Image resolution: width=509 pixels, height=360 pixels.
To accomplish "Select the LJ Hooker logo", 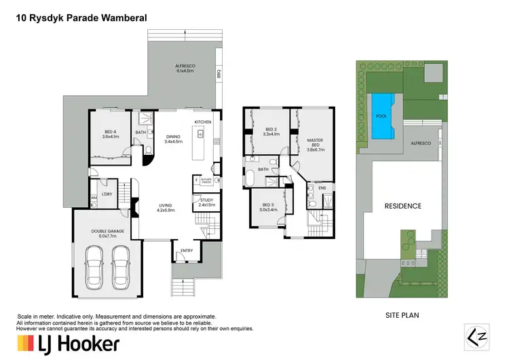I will pyautogui.click(x=68, y=343).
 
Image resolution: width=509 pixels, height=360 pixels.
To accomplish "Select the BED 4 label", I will pyautogui.click(x=110, y=134).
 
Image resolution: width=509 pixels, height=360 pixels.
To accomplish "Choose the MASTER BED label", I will pyautogui.click(x=314, y=144).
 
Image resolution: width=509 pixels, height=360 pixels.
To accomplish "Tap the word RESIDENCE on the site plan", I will pyautogui.click(x=403, y=206).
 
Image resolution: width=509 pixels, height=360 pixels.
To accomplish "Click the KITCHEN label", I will pyautogui.click(x=204, y=122).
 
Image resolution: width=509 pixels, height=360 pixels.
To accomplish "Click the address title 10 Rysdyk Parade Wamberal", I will pyautogui.click(x=82, y=20).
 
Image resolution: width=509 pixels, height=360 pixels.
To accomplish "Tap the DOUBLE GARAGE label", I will pyautogui.click(x=108, y=232).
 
